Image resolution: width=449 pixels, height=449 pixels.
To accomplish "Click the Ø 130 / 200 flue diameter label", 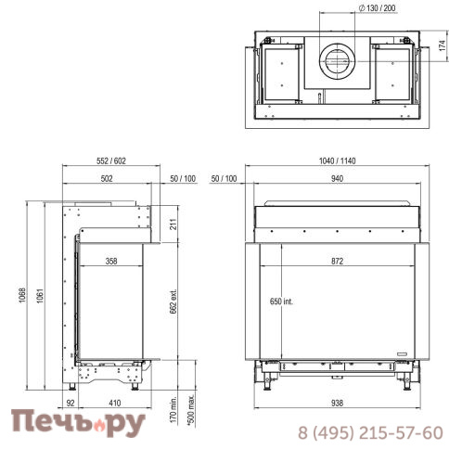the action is (x=378, y=8).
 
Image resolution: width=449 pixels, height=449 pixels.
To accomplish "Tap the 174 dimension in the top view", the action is (x=443, y=45).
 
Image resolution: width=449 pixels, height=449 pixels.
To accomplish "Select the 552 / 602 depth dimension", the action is (x=111, y=160).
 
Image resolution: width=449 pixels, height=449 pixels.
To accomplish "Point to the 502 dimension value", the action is (x=107, y=178).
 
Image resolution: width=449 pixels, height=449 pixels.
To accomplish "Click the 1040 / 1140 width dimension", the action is (x=338, y=160).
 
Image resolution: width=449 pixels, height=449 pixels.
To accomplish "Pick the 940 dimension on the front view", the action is (x=337, y=178).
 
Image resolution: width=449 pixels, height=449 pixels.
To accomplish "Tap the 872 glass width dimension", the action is (x=337, y=262).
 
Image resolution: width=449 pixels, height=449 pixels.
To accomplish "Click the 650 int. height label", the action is (x=281, y=301).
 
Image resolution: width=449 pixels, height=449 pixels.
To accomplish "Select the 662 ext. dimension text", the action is (x=173, y=301).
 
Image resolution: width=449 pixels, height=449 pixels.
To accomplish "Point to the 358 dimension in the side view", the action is (x=111, y=262).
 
